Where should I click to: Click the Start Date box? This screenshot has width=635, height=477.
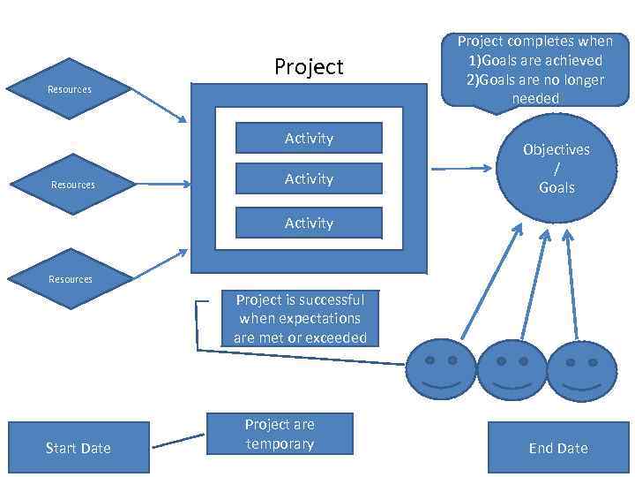pyautogui.click(x=78, y=448)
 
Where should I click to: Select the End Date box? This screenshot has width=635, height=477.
pyautogui.click(x=557, y=448)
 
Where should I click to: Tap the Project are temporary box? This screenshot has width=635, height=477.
pyautogui.click(x=280, y=435)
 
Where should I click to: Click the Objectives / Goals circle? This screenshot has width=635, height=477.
pyautogui.click(x=557, y=168)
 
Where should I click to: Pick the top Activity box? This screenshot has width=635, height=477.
pyautogui.click(x=308, y=139)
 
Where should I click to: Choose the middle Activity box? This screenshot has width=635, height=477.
pyautogui.click(x=308, y=179)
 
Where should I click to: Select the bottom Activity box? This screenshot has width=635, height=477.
pyautogui.click(x=308, y=223)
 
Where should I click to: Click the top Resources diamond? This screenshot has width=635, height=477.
pyautogui.click(x=70, y=89)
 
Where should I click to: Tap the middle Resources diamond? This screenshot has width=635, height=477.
pyautogui.click(x=72, y=185)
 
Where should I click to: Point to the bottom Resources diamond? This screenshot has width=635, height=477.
pyautogui.click(x=71, y=279)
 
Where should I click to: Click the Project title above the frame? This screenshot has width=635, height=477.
pyautogui.click(x=309, y=67)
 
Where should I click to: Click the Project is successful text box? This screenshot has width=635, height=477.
pyautogui.click(x=300, y=319)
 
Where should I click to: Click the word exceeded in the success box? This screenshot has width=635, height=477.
pyautogui.click(x=336, y=337)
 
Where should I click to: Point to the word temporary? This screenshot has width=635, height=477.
pyautogui.click(x=280, y=444)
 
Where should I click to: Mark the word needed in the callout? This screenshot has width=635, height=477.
pyautogui.click(x=535, y=99)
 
